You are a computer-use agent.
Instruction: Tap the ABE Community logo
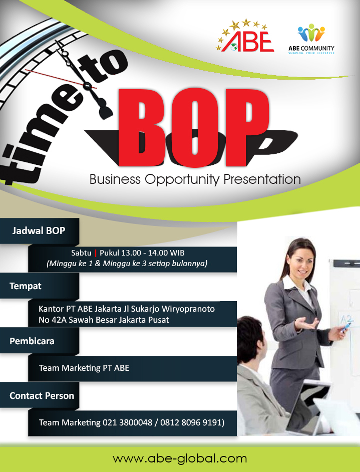[311, 39]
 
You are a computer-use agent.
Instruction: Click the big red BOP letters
[193, 128]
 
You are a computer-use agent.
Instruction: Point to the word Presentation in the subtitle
[262, 179]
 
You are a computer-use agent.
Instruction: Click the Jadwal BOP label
[39, 230]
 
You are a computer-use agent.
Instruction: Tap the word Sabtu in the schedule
[81, 253]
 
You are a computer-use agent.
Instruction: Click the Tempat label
[25, 286]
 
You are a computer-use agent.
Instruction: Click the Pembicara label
[32, 341]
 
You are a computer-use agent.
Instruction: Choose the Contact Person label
[42, 395]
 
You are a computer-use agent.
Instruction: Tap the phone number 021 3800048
[128, 422]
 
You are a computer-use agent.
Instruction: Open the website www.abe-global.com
[180, 459]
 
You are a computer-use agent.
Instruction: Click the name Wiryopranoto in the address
[188, 309]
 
